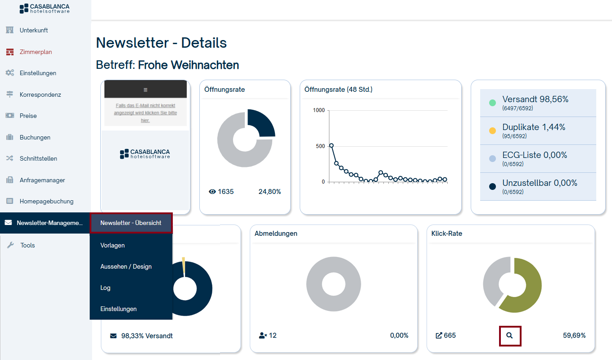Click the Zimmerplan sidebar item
[36, 52]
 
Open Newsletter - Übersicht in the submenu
[130, 223]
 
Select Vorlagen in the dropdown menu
[112, 245]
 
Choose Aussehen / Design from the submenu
[126, 266]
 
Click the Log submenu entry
[105, 288]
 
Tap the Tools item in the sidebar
[27, 245]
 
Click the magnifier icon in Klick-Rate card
[510, 335]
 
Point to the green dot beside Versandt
[492, 103]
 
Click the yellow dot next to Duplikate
[492, 131]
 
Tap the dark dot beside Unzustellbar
[492, 186]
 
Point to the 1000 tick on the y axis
[319, 110]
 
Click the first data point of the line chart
[331, 145]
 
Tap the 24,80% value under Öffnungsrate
[270, 192]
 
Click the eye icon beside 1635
[212, 192]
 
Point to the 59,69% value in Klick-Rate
[574, 335]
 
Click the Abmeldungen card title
[276, 234]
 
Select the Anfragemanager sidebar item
[42, 180]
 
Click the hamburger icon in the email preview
[145, 90]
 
